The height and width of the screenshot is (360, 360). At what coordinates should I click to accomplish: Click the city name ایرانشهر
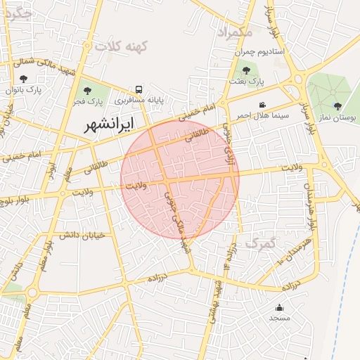(x=100, y=126)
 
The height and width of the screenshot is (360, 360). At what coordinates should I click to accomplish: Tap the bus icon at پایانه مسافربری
(x=139, y=90)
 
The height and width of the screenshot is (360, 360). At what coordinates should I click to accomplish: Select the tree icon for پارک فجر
(x=88, y=91)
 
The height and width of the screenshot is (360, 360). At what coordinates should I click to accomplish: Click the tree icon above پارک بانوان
(x=25, y=79)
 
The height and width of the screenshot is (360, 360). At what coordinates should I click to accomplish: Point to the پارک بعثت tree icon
(x=246, y=70)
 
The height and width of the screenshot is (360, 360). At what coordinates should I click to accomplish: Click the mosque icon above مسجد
(x=279, y=307)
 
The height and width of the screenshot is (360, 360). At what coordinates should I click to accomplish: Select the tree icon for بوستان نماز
(x=338, y=106)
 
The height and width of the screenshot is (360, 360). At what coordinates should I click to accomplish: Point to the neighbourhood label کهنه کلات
(x=123, y=46)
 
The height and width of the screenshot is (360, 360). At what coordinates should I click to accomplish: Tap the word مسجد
(x=279, y=318)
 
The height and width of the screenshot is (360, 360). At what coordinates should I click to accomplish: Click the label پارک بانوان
(x=25, y=89)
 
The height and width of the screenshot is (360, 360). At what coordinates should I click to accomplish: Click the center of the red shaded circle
(x=180, y=179)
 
